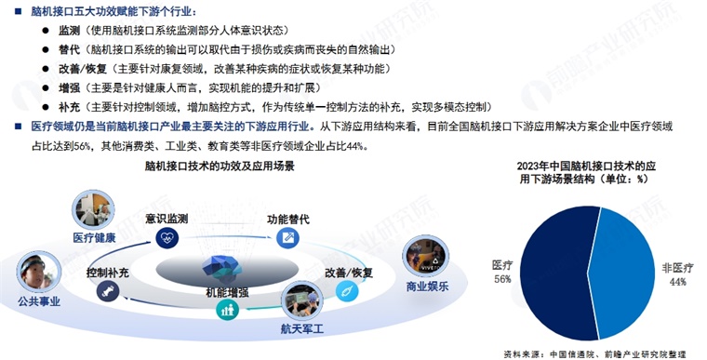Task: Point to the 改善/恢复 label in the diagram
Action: click(348, 273)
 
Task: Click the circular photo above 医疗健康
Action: click(94, 210)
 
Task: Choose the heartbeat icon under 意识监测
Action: click(168, 238)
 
